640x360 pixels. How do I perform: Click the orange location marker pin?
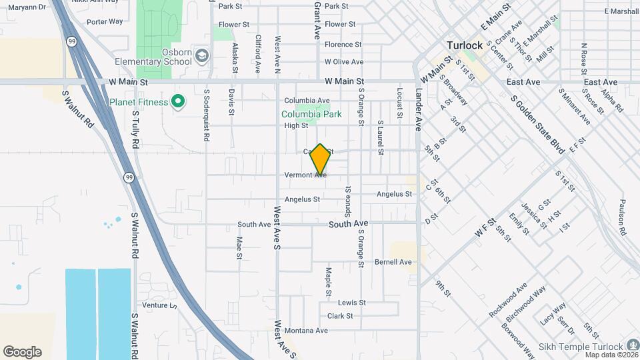click(321, 160)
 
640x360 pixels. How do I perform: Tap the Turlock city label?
click(464, 45)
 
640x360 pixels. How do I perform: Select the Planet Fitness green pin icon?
click(177, 102)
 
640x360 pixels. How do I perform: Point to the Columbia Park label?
click(311, 114)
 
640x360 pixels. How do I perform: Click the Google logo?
click(22, 352)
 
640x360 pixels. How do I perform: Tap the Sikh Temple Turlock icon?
click(633, 346)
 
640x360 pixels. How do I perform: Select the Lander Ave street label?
click(419, 109)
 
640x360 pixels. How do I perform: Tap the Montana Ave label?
click(306, 331)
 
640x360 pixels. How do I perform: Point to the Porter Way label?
click(105, 21)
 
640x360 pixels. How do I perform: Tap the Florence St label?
click(343, 45)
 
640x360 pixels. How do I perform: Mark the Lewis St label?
click(352, 302)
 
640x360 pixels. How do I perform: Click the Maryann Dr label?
click(27, 7)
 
